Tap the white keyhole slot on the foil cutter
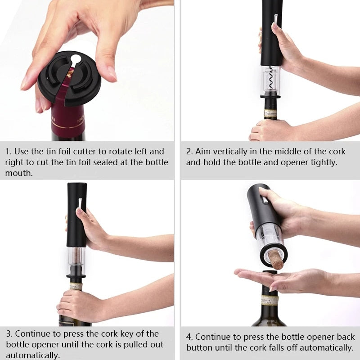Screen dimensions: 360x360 [x=76, y=59]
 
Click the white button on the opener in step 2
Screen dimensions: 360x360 [x=275, y=18]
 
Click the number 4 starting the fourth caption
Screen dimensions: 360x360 [x=189, y=337]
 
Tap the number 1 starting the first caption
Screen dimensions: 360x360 [x=8, y=152]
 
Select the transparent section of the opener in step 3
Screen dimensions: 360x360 [x=76, y=259]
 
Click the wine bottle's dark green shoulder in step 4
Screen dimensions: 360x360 [x=269, y=317]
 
